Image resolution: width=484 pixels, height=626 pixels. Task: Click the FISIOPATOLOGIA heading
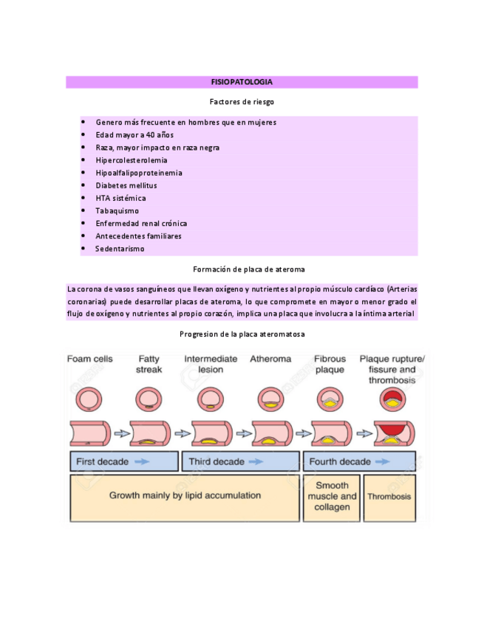click(242, 82)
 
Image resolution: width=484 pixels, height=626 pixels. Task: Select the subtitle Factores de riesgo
click(242, 102)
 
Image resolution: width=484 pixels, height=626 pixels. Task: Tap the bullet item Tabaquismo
click(117, 211)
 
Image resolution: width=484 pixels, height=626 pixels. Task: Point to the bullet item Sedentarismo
click(120, 249)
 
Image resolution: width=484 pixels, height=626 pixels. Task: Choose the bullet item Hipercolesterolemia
click(131, 160)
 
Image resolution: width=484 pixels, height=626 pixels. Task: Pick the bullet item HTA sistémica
click(120, 198)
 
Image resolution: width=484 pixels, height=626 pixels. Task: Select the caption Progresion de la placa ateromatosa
click(242, 334)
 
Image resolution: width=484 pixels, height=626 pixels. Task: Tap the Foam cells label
click(90, 359)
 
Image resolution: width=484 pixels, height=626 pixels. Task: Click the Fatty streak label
click(149, 364)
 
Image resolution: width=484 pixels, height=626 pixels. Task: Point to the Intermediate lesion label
click(211, 364)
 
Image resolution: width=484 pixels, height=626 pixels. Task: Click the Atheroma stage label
click(270, 359)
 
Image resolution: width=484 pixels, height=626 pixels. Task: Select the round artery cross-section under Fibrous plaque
click(330, 399)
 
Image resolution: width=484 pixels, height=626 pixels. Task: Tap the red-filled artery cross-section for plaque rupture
click(392, 399)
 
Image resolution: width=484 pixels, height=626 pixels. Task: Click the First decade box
click(124, 462)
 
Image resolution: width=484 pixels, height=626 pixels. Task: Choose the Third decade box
click(241, 462)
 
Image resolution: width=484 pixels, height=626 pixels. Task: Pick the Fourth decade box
click(361, 462)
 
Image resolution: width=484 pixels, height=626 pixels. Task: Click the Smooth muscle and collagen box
click(332, 497)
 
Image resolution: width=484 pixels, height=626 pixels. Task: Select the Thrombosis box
click(389, 497)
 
